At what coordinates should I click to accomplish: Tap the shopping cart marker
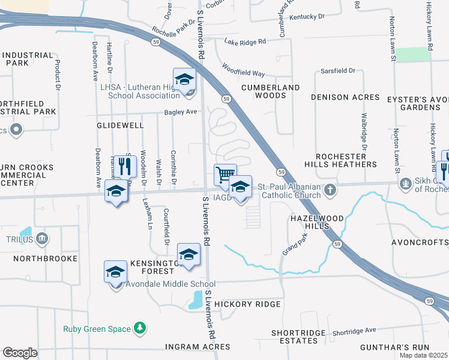pyautogui.click(x=225, y=175)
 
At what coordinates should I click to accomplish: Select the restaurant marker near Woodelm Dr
pyautogui.click(x=124, y=166)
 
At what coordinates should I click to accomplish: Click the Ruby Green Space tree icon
pyautogui.click(x=140, y=328)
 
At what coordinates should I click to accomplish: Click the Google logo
pyautogui.click(x=20, y=353)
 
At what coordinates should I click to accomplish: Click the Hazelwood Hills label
pyautogui.click(x=309, y=221)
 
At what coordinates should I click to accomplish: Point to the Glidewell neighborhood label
pyautogui.click(x=121, y=125)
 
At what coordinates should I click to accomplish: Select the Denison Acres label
pyautogui.click(x=345, y=97)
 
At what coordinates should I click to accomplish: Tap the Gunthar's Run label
pyautogui.click(x=394, y=347)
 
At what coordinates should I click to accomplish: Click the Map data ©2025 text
pyautogui.click(x=424, y=355)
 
